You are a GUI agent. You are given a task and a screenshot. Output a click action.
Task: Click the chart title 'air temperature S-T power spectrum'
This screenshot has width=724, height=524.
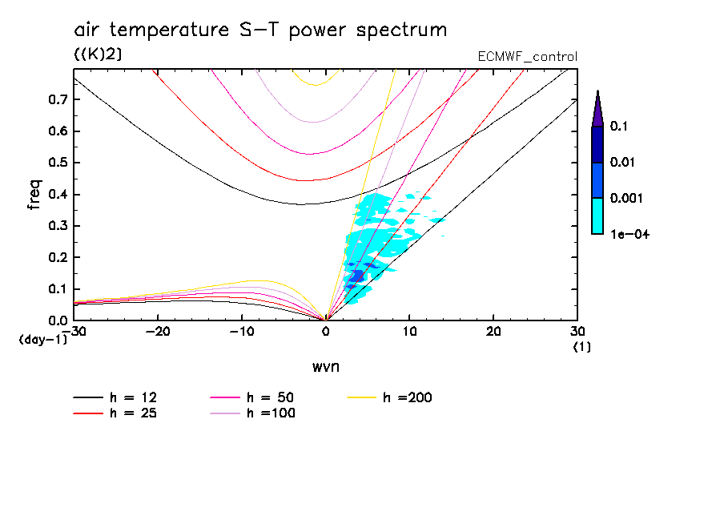tap(260, 30)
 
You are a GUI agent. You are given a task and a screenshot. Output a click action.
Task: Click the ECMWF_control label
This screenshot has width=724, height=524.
tap(527, 57)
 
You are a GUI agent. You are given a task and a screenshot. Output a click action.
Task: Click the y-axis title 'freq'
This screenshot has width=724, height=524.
tap(34, 195)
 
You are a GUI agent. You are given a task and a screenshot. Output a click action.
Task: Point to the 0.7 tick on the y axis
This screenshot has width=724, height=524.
tap(56, 100)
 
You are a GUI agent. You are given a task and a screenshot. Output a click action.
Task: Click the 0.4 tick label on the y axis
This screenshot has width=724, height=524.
tap(56, 195)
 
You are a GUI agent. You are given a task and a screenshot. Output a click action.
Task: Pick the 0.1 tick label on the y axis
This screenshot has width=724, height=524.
tap(56, 289)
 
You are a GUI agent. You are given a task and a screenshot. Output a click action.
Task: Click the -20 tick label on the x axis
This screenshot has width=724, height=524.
tap(157, 332)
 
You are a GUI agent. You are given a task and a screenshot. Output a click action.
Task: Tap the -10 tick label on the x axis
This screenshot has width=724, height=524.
tap(241, 332)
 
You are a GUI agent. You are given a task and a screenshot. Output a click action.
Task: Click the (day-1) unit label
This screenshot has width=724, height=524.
tap(42, 340)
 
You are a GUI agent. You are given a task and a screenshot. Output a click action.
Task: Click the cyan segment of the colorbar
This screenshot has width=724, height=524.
tap(597, 216)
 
